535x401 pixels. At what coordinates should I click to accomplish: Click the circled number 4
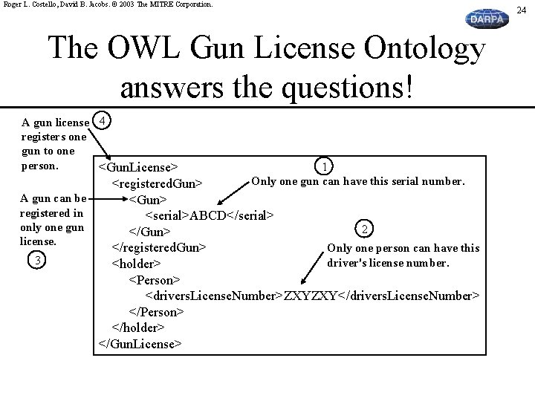[x=105, y=120]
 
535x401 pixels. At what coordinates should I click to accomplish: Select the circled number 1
[x=323, y=166]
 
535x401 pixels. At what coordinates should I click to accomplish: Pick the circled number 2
[x=363, y=227]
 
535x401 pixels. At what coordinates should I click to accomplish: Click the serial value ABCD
[x=210, y=215]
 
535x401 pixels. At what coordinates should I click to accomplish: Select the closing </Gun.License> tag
[x=140, y=344]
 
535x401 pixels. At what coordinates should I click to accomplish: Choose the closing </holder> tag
[x=138, y=327]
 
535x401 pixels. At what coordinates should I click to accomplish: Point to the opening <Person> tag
[x=155, y=279]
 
